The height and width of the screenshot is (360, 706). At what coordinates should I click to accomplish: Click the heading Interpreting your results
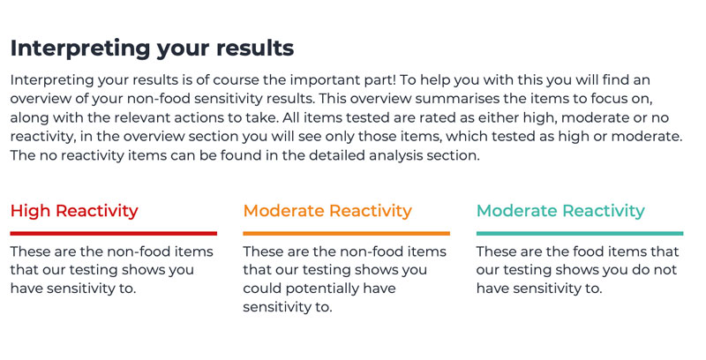pos(152,48)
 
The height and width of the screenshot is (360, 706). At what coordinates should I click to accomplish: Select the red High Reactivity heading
pos(74,211)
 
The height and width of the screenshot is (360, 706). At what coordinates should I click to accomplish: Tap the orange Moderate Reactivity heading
pos(327,211)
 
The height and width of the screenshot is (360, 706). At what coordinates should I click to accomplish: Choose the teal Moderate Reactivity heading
pos(560,211)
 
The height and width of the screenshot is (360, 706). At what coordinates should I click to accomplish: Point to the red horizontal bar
pos(113,233)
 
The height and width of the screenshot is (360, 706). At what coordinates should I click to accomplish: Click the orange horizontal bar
pos(346,233)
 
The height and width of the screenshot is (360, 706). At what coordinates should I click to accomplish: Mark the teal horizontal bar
pos(580,233)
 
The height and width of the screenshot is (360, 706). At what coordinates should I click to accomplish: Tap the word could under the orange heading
pos(263,289)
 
